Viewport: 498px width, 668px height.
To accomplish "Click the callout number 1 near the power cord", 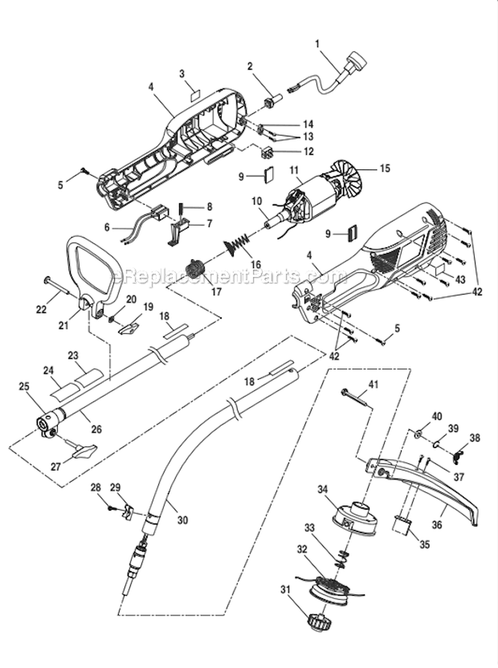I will coord(317,44).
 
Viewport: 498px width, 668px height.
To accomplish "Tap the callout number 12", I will coord(307,151).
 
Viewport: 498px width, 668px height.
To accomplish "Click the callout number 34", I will coord(323,490).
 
